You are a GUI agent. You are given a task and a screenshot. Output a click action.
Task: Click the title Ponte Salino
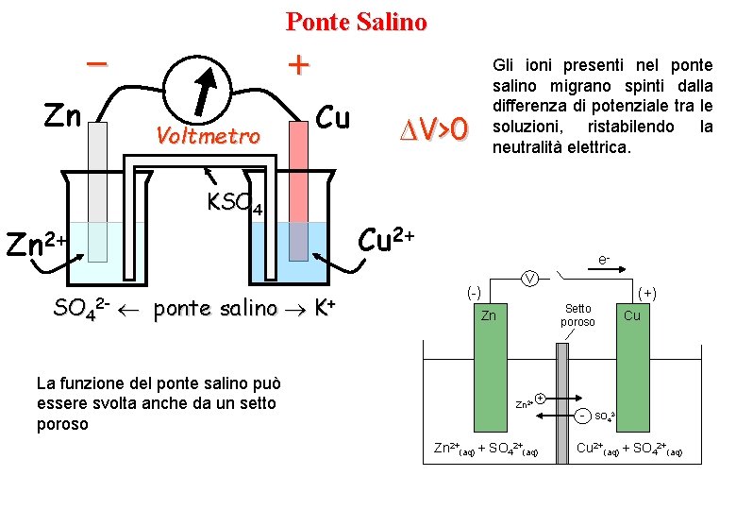356,21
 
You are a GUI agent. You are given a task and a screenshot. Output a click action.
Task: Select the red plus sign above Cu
298,64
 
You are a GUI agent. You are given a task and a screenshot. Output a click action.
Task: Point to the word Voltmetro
208,137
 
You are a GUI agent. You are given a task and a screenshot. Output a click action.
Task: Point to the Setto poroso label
577,315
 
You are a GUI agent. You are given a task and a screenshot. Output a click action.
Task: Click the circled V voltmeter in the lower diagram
531,278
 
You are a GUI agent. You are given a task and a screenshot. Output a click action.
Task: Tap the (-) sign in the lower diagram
475,294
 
